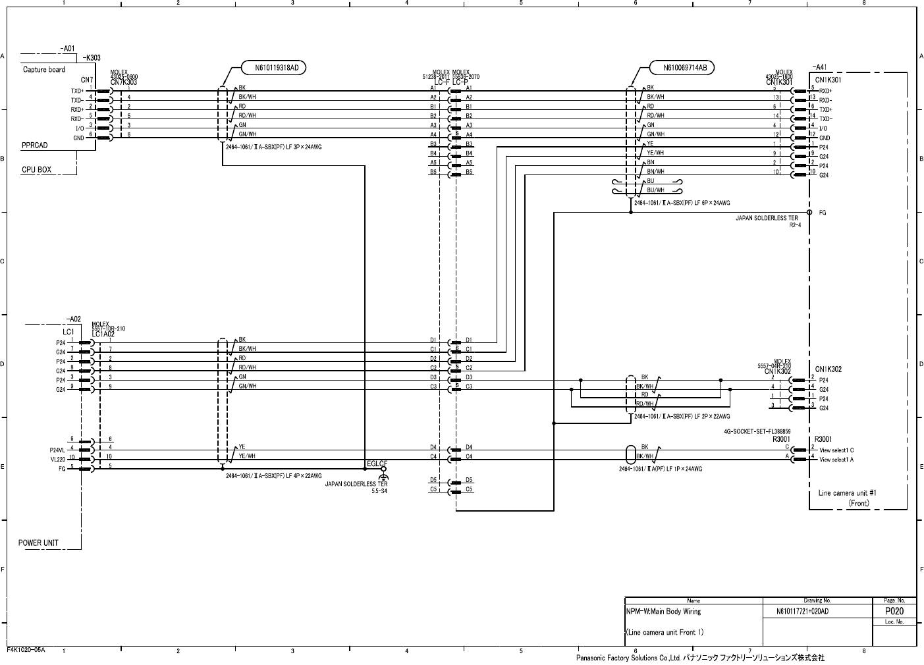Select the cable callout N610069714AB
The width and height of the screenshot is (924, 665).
[x=681, y=67]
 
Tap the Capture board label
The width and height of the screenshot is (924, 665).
[x=44, y=69]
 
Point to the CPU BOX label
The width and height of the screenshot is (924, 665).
[x=36, y=170]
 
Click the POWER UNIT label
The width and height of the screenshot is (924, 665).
[x=38, y=543]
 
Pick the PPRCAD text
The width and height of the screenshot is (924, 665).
[x=34, y=146]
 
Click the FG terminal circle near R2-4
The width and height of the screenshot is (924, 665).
[x=809, y=213]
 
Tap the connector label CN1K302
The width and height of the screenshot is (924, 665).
[x=828, y=369]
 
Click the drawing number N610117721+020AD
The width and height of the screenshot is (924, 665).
[x=802, y=612]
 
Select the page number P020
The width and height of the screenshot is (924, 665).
[x=894, y=611]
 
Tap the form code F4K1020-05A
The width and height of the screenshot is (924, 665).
[x=26, y=649]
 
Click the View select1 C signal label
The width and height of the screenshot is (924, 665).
[x=836, y=450]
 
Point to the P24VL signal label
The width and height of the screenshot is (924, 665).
[x=58, y=450]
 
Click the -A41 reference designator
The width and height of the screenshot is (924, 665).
[x=819, y=66]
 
